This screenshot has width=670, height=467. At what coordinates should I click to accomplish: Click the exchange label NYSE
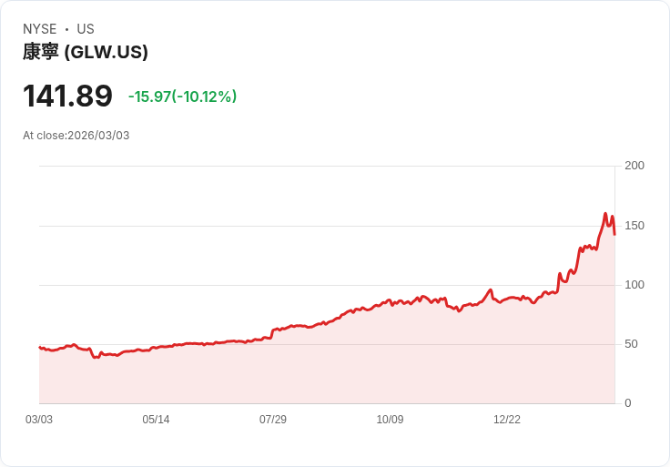tap(39, 29)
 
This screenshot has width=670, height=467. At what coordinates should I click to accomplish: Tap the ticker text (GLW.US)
tap(107, 52)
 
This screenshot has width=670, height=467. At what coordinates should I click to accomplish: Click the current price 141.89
tap(67, 96)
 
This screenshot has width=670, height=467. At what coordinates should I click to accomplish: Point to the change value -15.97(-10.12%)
tap(182, 96)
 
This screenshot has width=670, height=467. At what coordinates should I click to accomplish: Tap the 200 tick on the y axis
tap(634, 166)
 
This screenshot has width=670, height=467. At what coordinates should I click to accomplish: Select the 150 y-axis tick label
tap(634, 226)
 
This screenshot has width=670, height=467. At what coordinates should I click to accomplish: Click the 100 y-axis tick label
tap(634, 285)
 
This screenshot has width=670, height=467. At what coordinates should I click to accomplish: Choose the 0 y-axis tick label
tap(628, 403)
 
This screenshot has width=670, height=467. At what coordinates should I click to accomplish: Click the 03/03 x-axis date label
tap(39, 420)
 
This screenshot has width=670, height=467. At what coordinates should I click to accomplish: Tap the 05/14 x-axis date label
tap(156, 420)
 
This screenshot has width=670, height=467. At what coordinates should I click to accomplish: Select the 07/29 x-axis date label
tap(273, 420)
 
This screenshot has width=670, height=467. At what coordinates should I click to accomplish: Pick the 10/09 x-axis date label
tap(390, 420)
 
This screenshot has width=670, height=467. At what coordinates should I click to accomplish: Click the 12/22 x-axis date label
tap(507, 420)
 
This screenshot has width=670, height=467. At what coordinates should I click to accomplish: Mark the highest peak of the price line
tap(605, 214)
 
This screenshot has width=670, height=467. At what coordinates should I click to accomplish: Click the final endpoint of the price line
tap(614, 235)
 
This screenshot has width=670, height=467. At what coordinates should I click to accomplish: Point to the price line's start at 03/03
tap(39, 347)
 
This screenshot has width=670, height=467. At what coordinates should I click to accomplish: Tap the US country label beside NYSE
tap(86, 29)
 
